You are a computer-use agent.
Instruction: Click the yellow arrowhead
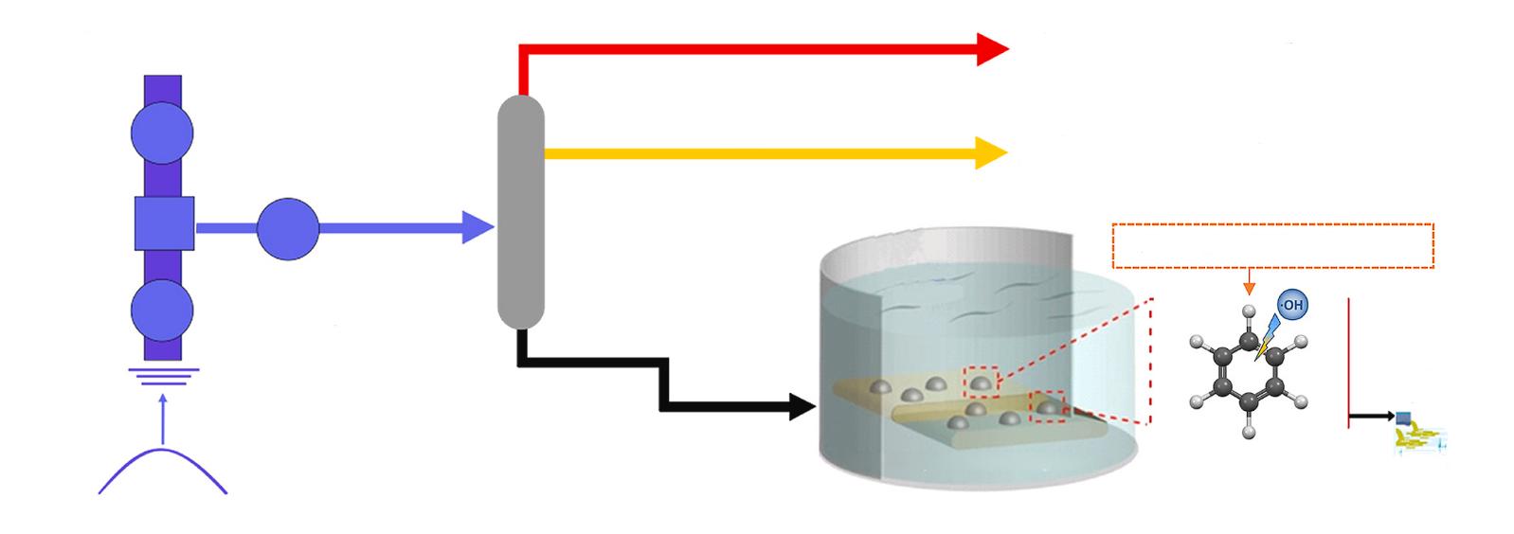tap(991, 151)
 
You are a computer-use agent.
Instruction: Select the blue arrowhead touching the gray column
tap(478, 227)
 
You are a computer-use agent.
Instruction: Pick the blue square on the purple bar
tap(164, 223)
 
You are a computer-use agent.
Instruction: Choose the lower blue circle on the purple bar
tap(162, 311)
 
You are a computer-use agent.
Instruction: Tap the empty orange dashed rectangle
tap(1271, 245)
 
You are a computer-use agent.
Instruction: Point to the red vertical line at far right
tap(1347, 362)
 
